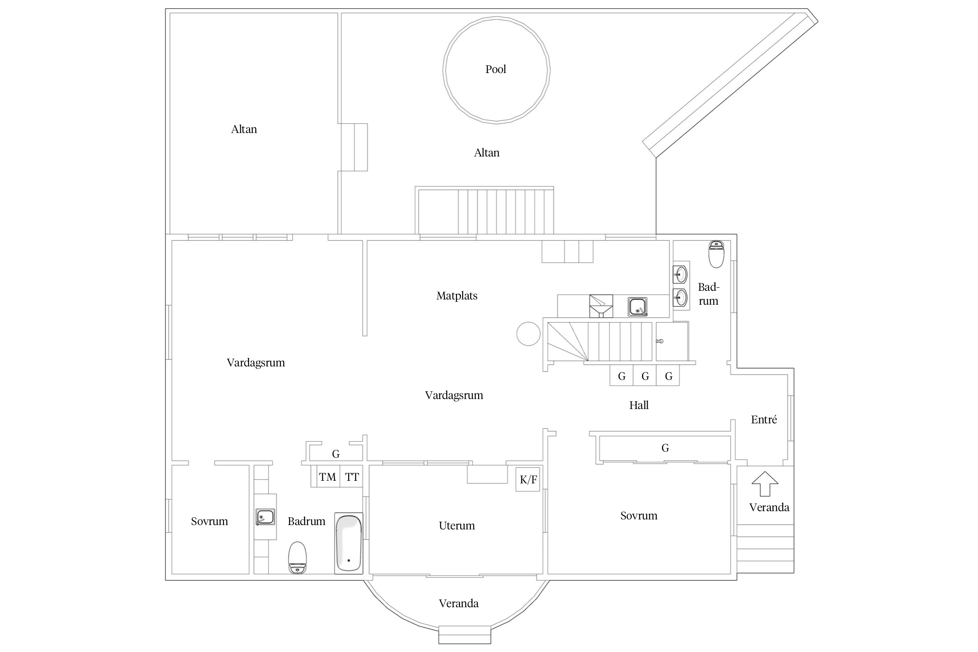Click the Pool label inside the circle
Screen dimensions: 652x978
(x=496, y=70)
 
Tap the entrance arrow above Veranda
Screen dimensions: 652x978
(x=765, y=483)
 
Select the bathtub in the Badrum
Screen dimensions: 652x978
(x=348, y=543)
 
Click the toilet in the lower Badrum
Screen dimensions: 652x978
(x=298, y=557)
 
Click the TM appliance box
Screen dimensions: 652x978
(x=328, y=477)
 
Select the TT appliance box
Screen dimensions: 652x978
(x=352, y=477)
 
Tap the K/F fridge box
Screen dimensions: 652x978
(x=528, y=479)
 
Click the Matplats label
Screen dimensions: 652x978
(x=457, y=296)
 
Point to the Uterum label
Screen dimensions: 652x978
(x=457, y=526)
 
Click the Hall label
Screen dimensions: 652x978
(x=639, y=406)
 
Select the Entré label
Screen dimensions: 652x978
(x=764, y=420)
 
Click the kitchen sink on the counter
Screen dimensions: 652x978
(x=637, y=306)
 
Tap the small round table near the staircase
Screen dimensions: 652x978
(x=528, y=334)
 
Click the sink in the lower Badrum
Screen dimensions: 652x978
(x=265, y=517)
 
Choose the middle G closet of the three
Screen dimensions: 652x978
(x=645, y=376)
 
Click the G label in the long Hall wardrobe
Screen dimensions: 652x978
(x=665, y=448)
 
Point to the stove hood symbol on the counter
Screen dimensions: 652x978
(x=601, y=306)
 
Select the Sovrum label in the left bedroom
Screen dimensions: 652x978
(x=210, y=522)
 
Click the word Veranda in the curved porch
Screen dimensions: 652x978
(x=459, y=604)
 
